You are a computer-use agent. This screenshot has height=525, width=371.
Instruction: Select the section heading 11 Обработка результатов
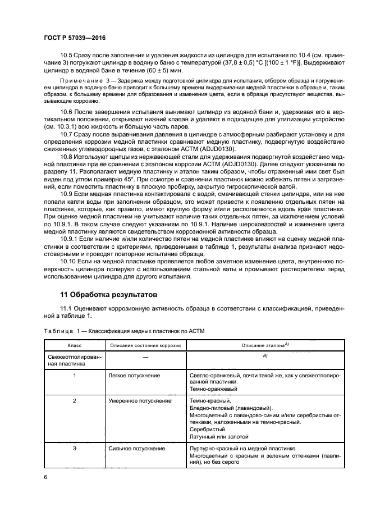(109, 294)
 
